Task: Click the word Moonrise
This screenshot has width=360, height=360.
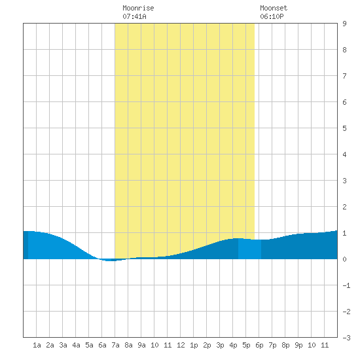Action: click(138, 8)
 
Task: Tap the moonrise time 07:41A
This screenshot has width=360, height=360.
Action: click(134, 16)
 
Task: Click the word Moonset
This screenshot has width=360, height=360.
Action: click(274, 8)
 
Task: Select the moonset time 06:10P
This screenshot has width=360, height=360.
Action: click(272, 16)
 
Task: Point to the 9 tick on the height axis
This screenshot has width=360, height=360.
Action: click(344, 24)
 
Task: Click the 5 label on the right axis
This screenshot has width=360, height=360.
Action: click(344, 128)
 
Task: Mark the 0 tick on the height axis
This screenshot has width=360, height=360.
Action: click(344, 259)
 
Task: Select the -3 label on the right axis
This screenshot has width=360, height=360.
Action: click(346, 338)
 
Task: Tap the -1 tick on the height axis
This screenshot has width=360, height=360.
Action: click(346, 285)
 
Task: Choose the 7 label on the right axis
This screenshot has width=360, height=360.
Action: click(344, 76)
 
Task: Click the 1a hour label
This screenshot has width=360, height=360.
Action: click(37, 345)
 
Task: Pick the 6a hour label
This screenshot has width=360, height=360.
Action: click(102, 345)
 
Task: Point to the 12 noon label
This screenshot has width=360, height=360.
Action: click(181, 345)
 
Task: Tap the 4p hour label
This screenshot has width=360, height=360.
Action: click(233, 345)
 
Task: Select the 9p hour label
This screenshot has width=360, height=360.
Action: click(298, 345)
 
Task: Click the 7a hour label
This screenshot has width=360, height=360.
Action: click(115, 345)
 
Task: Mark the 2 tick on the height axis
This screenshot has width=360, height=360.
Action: click(344, 207)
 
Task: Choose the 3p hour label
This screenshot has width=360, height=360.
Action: click(220, 345)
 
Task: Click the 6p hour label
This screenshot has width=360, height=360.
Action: click(259, 345)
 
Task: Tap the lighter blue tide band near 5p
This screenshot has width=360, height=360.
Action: click(249, 249)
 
